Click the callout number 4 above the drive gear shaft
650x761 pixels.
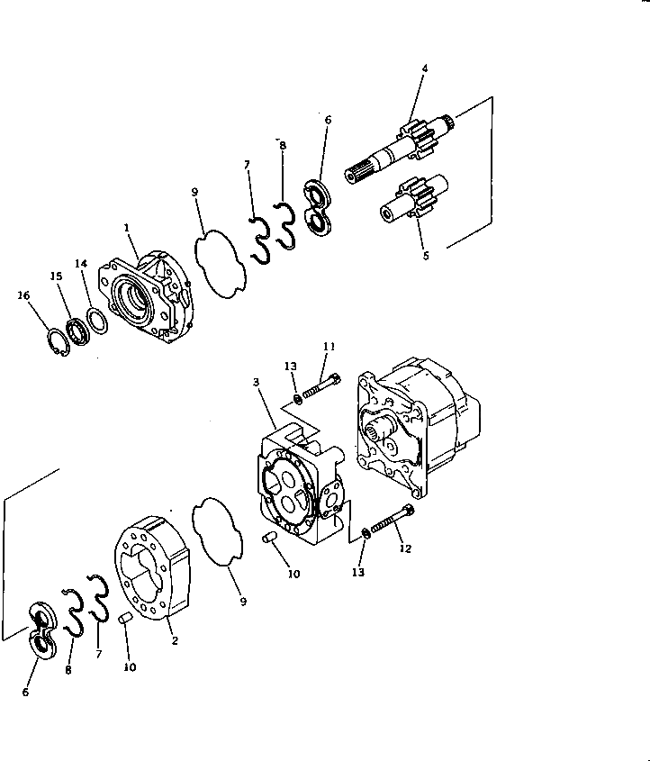[x=425, y=68]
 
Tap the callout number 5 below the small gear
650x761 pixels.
[x=425, y=255]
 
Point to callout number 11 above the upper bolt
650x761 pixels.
[x=330, y=346]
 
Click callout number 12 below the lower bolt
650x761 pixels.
[x=405, y=549]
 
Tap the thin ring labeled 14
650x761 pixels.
[x=96, y=320]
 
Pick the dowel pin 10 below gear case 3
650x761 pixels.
[x=266, y=539]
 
